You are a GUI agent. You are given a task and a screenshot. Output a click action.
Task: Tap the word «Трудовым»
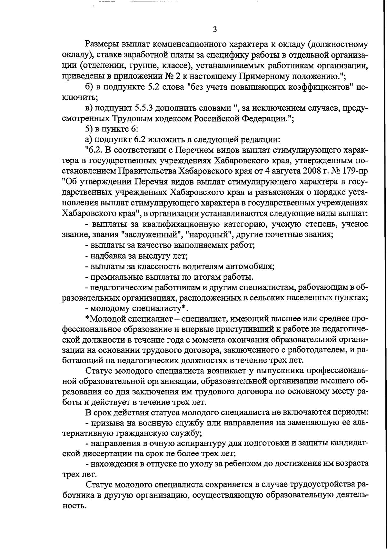pos(135,119)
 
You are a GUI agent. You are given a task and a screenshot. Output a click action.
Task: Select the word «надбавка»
pos(110,256)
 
